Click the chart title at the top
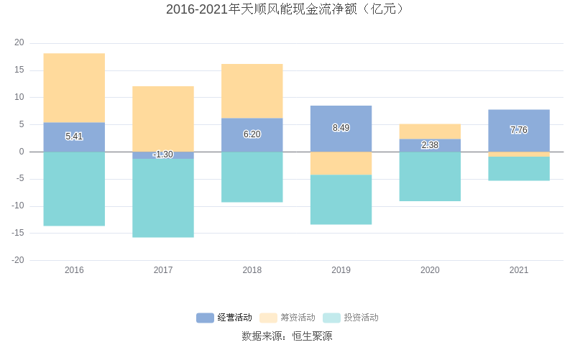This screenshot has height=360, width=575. pyautogui.click(x=287, y=9)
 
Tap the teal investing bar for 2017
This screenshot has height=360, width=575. pyautogui.click(x=163, y=198)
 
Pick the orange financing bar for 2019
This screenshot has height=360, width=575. pyautogui.click(x=341, y=163)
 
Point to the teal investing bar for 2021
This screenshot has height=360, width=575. pyautogui.click(x=519, y=168)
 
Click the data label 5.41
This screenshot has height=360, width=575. pyautogui.click(x=74, y=137)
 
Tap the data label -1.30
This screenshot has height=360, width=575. pyautogui.click(x=163, y=154)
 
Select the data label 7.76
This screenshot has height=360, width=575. pyautogui.click(x=519, y=130)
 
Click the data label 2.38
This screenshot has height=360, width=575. pyautogui.click(x=430, y=145)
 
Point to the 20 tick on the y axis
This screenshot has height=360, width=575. pyautogui.click(x=19, y=43)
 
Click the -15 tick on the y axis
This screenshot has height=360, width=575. pyautogui.click(x=17, y=233)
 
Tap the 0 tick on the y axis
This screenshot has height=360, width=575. pyautogui.click(x=22, y=152)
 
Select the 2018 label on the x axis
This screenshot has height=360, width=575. pyautogui.click(x=252, y=270)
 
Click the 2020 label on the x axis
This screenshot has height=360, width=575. pyautogui.click(x=430, y=270)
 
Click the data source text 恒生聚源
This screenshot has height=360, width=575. pyautogui.click(x=312, y=336)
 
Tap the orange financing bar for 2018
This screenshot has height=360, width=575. pyautogui.click(x=252, y=91)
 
